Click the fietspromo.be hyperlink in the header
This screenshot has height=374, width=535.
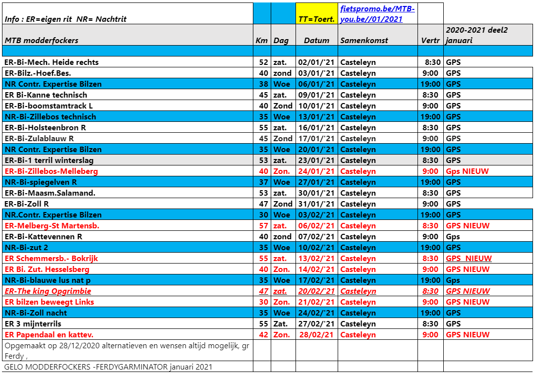coord(377,14)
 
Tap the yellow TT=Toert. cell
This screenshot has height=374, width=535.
coord(316,19)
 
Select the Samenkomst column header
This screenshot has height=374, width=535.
coord(364,40)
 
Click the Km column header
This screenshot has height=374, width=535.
coord(261,40)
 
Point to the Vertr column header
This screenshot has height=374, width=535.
coord(430,40)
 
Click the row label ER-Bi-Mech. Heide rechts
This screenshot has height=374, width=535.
coord(52,62)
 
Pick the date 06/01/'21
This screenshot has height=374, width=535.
coord(316,84)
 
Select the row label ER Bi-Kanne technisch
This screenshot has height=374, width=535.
coord(46,95)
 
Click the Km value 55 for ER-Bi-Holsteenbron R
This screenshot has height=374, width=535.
coord(263,128)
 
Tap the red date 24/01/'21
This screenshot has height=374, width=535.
coord(316,171)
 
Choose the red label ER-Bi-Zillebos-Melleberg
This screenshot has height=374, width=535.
coord(51,171)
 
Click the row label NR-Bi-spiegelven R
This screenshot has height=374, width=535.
coord(41,182)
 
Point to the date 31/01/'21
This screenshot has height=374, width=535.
coord(316,204)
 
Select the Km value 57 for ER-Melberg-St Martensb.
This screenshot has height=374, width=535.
coord(263,226)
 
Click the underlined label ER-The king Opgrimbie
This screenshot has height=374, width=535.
coord(48,291)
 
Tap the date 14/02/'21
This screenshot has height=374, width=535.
coord(316,269)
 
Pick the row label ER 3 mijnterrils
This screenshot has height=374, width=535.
coord(33,324)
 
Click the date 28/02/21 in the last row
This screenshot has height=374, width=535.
coord(316,335)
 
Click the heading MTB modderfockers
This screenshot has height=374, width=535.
coord(41,40)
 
